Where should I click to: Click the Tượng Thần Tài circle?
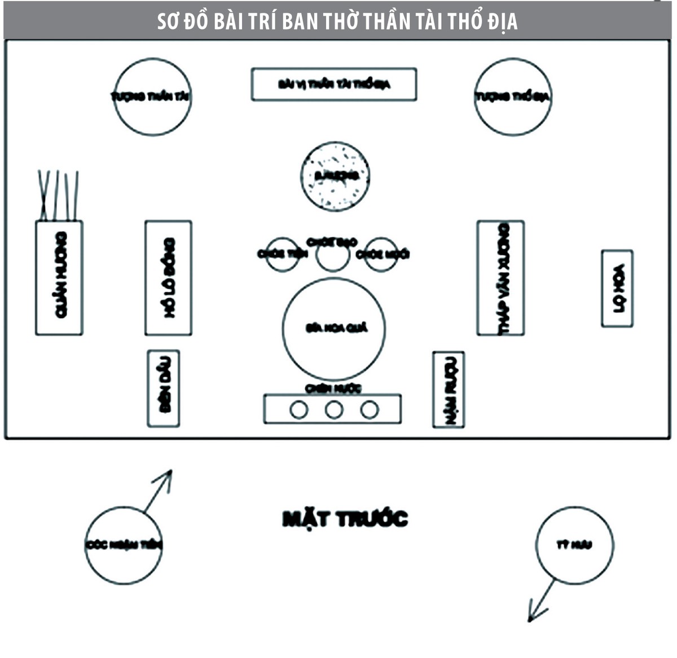click(152, 96)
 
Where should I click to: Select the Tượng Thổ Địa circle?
click(513, 96)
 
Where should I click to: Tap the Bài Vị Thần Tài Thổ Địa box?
click(334, 85)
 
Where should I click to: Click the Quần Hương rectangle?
click(59, 278)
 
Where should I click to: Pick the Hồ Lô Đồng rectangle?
click(168, 278)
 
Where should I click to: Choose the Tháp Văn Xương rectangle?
click(500, 278)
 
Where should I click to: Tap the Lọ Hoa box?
click(617, 289)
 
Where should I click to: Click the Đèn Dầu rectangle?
click(164, 388)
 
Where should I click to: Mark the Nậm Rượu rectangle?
click(449, 390)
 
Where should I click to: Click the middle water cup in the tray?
click(334, 410)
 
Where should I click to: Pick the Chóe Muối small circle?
click(382, 255)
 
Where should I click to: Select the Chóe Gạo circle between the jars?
click(332, 255)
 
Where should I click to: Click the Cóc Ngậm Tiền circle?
click(124, 545)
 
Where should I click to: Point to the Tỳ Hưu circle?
click(574, 545)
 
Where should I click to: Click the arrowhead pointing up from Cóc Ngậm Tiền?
click(166, 476)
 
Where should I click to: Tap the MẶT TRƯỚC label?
click(345, 519)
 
